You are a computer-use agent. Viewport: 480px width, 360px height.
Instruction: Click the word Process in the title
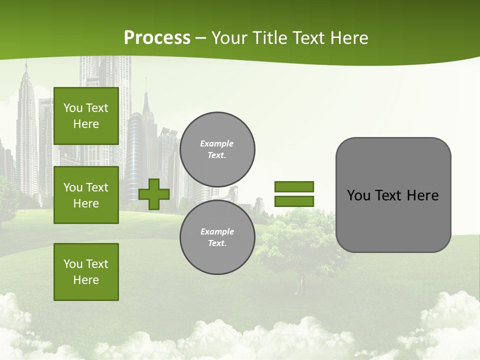coord(157,37)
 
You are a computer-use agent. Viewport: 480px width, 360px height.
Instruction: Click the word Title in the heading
coord(270,37)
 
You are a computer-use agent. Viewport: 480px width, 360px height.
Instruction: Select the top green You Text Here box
coord(86,116)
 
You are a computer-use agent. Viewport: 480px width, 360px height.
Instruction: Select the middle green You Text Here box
coord(86,195)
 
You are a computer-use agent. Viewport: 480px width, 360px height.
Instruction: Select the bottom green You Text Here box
coord(86,271)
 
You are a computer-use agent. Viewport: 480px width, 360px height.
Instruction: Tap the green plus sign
coord(154,194)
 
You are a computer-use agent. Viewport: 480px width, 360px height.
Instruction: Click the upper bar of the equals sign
coord(294,186)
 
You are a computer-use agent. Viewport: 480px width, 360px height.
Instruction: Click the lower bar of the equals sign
coord(294,201)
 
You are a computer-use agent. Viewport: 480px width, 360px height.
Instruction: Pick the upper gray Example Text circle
coord(217,149)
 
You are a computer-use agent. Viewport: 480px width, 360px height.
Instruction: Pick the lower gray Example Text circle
coord(217,237)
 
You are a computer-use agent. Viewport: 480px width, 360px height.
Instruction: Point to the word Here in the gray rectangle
coord(422,195)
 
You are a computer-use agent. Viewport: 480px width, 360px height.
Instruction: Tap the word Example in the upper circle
coord(216,143)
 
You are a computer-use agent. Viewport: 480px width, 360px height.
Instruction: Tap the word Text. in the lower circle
coord(217,243)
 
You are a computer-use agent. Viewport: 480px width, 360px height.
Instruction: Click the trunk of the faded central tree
coord(300,285)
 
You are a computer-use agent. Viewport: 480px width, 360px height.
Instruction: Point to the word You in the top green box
coord(72,108)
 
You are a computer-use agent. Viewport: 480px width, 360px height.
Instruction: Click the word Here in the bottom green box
coord(86,280)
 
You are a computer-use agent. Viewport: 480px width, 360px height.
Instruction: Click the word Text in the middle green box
coord(96,187)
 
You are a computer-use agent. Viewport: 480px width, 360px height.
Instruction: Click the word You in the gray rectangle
coord(358,195)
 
